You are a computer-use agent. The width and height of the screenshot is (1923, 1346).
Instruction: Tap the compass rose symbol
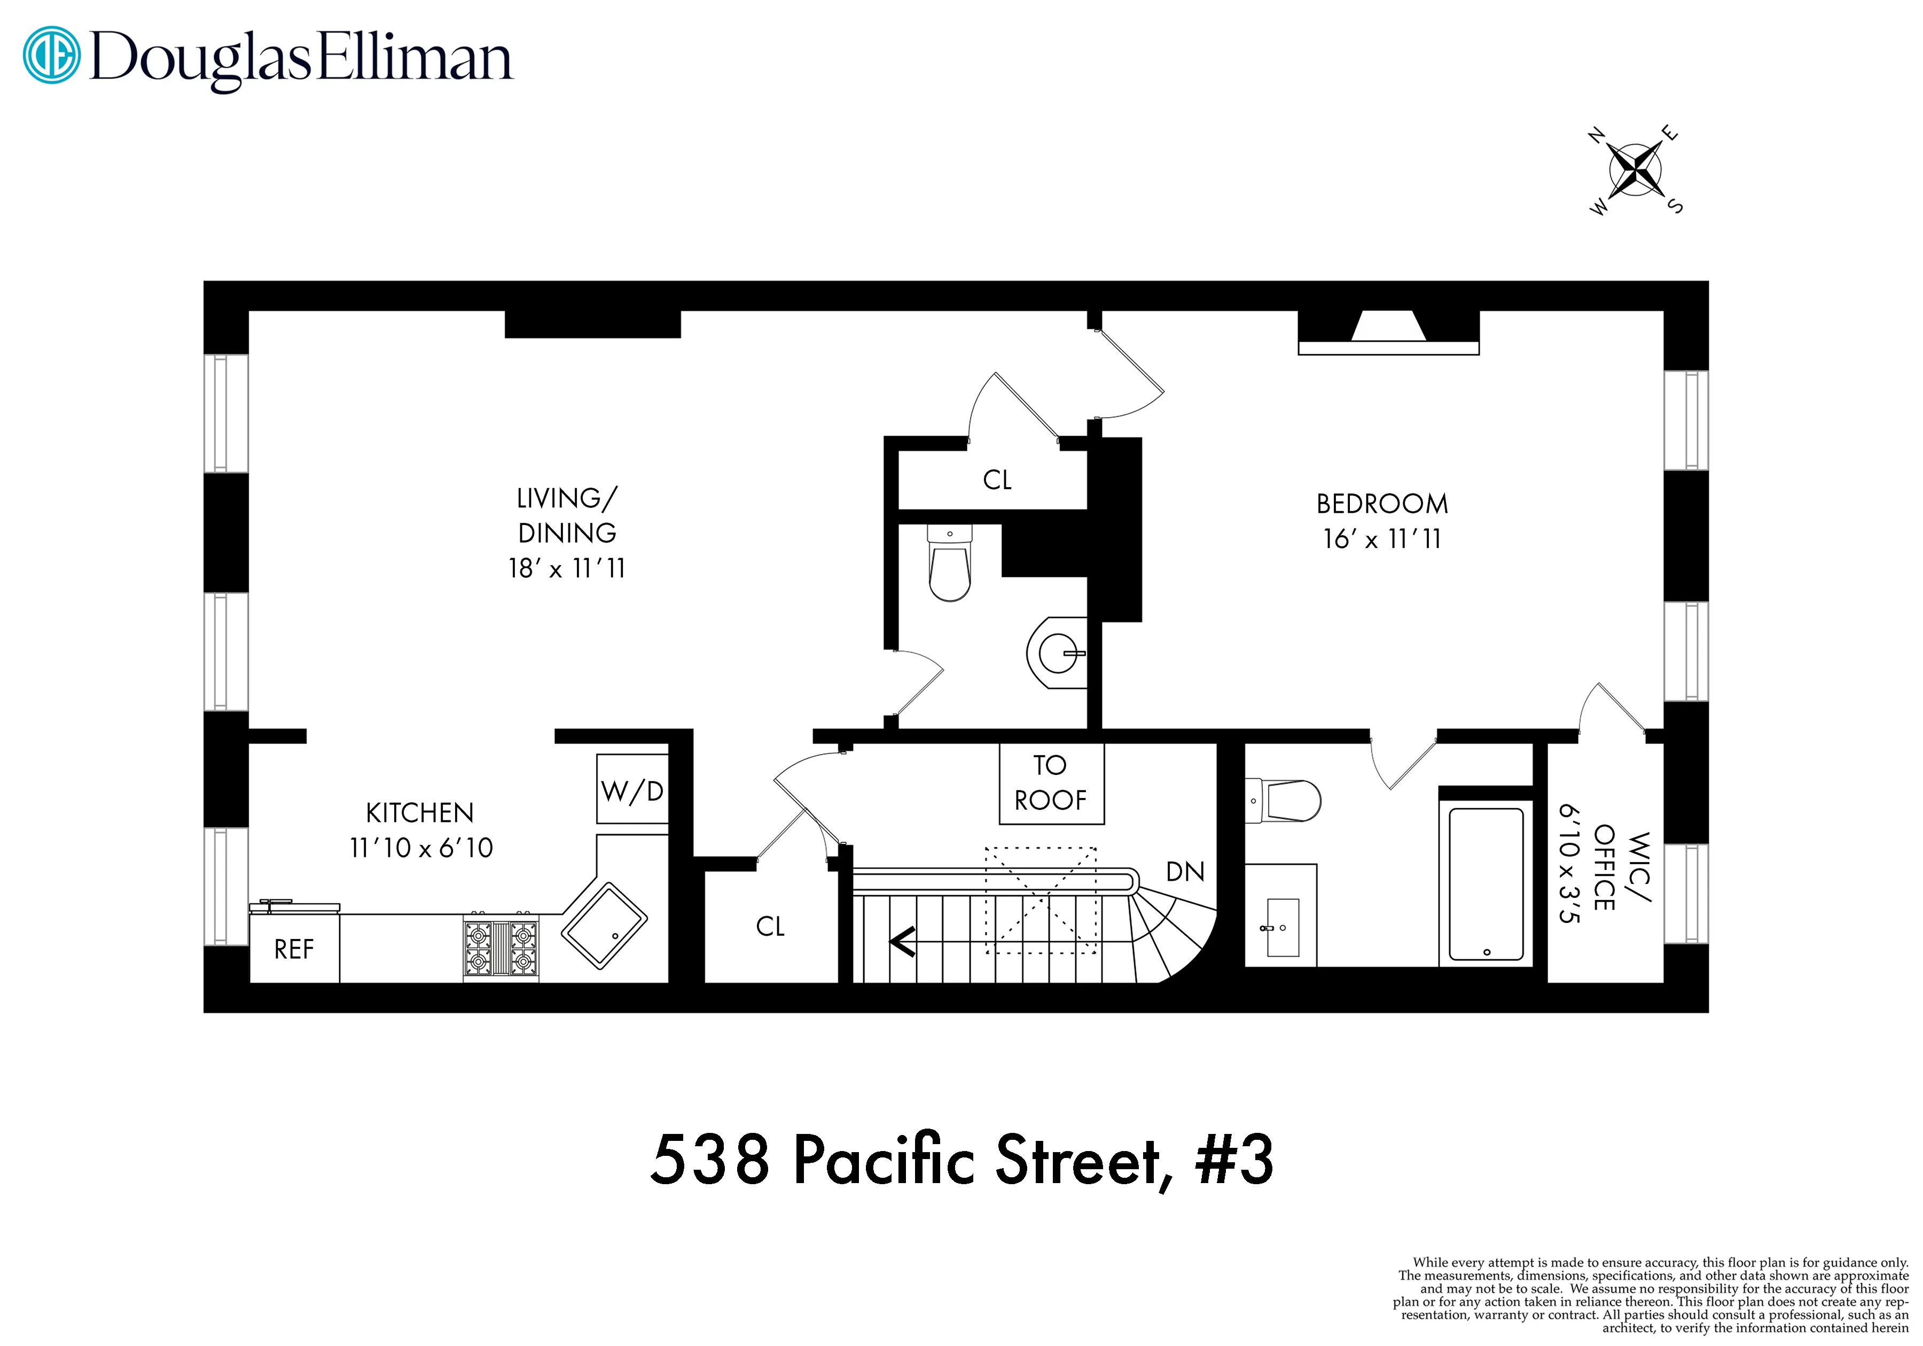point(1635,170)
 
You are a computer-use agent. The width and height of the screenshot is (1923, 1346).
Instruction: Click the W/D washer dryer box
point(632,790)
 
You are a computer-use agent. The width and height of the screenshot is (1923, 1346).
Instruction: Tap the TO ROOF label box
point(1051,782)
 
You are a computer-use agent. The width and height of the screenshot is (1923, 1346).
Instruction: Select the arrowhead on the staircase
point(903,942)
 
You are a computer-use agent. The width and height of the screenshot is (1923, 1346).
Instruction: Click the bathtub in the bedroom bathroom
point(1486,883)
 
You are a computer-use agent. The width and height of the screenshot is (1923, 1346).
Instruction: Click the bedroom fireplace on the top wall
point(1388,333)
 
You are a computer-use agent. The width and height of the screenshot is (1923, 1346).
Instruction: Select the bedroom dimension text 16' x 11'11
point(1382,538)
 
